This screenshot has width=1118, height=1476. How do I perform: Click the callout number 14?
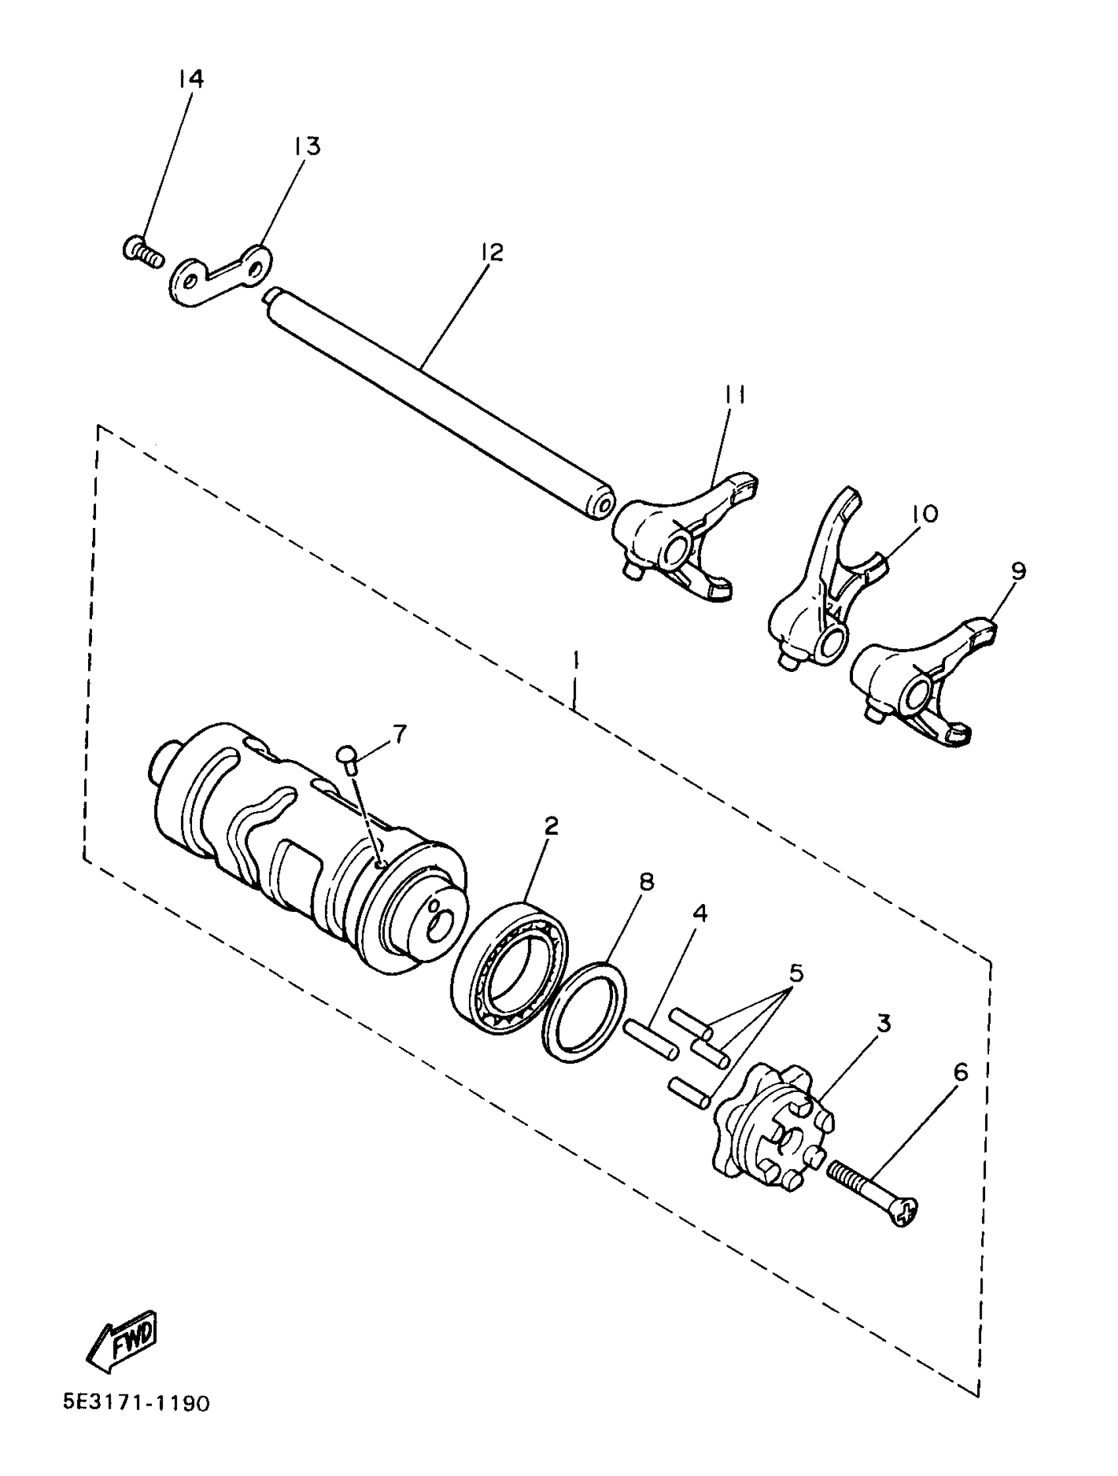(x=190, y=80)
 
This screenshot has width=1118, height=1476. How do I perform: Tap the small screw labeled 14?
(x=143, y=253)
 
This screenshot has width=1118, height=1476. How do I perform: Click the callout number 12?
(x=490, y=252)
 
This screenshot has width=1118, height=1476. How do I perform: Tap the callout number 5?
(x=796, y=973)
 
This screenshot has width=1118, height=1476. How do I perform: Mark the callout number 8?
(x=646, y=882)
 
